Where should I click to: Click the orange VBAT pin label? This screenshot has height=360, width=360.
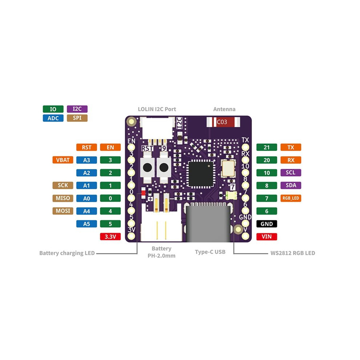(63, 160)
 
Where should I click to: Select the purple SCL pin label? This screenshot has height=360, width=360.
(291, 173)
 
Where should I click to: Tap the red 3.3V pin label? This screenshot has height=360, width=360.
(110, 236)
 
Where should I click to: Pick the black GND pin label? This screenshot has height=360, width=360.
(267, 224)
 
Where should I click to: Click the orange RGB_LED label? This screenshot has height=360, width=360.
(291, 198)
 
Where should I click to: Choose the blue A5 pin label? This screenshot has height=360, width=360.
(87, 224)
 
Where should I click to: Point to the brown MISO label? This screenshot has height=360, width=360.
(63, 198)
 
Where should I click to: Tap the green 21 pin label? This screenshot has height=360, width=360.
(267, 147)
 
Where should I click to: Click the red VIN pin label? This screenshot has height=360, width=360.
(267, 236)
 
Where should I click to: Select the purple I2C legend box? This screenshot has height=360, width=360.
(77, 109)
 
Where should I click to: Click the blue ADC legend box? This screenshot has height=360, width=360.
(53, 118)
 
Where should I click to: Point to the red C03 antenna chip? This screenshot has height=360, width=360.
(223, 122)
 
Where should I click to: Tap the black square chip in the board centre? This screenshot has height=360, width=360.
(201, 174)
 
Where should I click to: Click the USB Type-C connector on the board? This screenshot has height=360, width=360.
(208, 222)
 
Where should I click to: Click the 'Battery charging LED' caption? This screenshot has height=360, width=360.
(67, 253)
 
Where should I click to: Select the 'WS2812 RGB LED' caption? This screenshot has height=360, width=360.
(293, 253)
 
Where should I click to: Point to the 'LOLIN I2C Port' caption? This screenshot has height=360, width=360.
(157, 109)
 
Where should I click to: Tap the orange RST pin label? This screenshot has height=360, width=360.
(87, 147)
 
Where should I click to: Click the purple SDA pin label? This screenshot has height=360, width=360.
(291, 185)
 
